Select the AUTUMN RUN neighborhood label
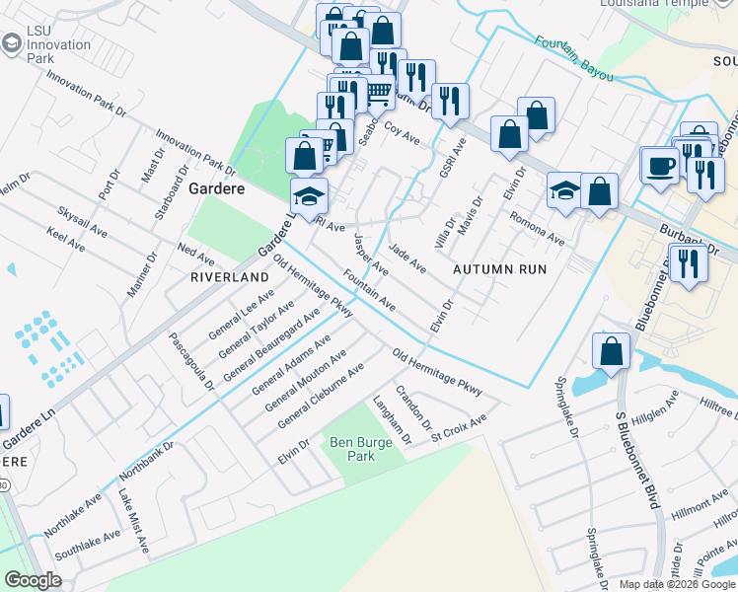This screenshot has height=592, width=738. pos(499,268)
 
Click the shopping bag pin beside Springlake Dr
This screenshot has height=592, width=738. pos(612,350)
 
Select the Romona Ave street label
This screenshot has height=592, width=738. pos(542,232)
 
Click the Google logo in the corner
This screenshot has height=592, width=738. pos(33,580)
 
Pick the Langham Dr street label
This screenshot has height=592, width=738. pos(392,420)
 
